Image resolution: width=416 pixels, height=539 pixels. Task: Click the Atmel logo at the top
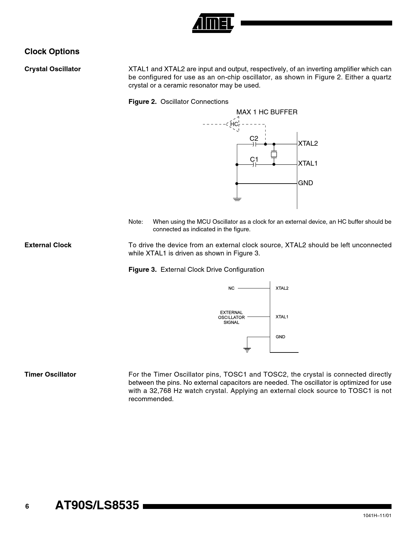click(213, 23)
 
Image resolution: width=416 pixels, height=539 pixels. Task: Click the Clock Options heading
click(52, 52)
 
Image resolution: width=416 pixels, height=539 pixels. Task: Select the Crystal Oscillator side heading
click(53, 69)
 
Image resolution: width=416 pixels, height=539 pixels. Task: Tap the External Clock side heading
click(48, 245)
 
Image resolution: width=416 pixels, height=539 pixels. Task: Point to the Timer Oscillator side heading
click(50, 375)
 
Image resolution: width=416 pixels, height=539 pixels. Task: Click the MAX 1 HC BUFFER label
click(267, 112)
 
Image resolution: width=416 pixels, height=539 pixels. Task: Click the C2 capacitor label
click(254, 139)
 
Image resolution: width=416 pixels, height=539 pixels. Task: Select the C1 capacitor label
click(254, 159)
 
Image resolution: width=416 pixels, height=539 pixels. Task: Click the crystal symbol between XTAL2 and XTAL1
click(274, 154)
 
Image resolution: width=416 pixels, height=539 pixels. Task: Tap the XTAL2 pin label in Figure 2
click(308, 144)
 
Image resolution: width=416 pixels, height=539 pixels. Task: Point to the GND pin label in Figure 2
click(306, 183)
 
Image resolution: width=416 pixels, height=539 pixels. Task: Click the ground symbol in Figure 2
click(237, 199)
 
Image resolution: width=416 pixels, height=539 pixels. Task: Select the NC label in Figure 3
click(231, 288)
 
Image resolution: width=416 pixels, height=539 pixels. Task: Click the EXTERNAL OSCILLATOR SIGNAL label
click(231, 318)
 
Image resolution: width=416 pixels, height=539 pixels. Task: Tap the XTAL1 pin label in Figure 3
click(282, 317)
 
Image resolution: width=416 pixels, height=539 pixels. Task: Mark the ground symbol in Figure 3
click(247, 350)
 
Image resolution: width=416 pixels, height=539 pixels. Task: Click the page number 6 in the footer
click(27, 507)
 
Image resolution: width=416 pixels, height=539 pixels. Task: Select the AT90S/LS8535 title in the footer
click(97, 506)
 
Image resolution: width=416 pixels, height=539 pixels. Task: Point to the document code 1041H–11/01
click(377, 515)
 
